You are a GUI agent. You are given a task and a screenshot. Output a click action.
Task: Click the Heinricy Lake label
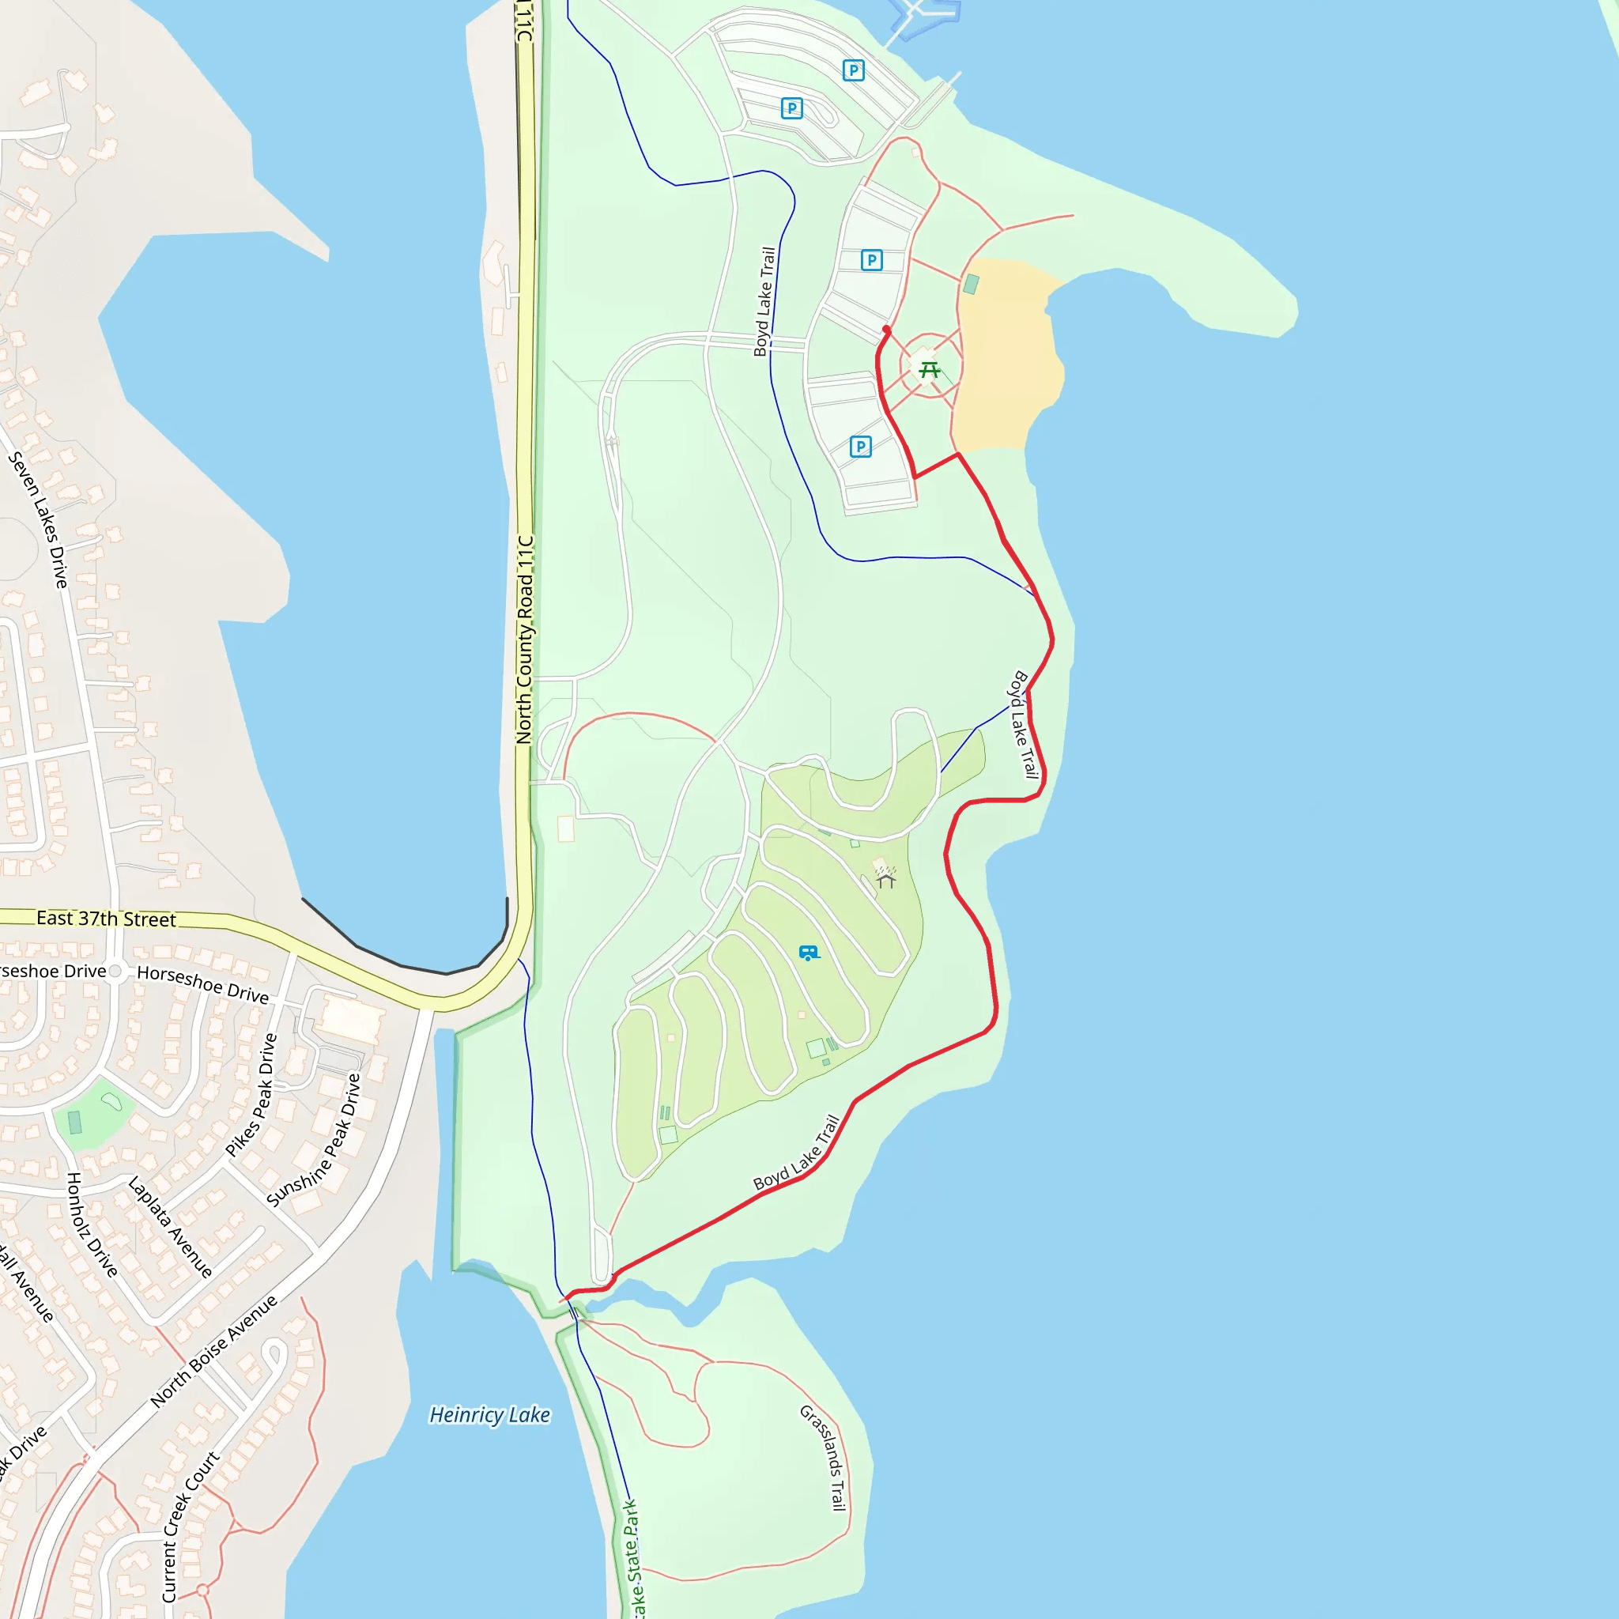coord(489,1415)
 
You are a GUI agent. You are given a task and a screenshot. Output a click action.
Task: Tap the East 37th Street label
coord(106,919)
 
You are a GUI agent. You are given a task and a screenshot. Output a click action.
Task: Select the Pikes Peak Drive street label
coord(252,1094)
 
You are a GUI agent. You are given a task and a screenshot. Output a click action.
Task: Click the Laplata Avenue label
coord(170,1227)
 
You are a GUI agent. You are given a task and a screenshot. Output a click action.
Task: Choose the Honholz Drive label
coord(92,1225)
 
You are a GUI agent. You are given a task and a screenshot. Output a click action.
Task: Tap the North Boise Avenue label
coord(213,1351)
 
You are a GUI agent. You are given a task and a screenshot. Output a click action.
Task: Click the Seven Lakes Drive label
coord(38,519)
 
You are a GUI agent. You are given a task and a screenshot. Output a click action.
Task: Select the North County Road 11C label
coord(525,640)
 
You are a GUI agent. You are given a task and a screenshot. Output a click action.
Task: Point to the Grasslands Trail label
coord(824,1458)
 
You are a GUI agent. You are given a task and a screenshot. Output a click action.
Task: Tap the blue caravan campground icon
coord(809,953)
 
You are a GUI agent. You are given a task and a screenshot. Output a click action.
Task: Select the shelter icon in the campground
coord(885,880)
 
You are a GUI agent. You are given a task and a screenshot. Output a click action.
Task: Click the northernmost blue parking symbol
coord(853,70)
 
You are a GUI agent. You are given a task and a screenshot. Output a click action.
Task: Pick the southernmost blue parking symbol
coord(861,447)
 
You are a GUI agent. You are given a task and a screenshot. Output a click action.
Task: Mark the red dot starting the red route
coord(887,330)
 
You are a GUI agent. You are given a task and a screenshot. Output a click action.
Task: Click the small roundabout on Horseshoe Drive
coord(115,972)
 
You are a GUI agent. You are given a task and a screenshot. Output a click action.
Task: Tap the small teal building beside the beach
coord(972,284)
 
